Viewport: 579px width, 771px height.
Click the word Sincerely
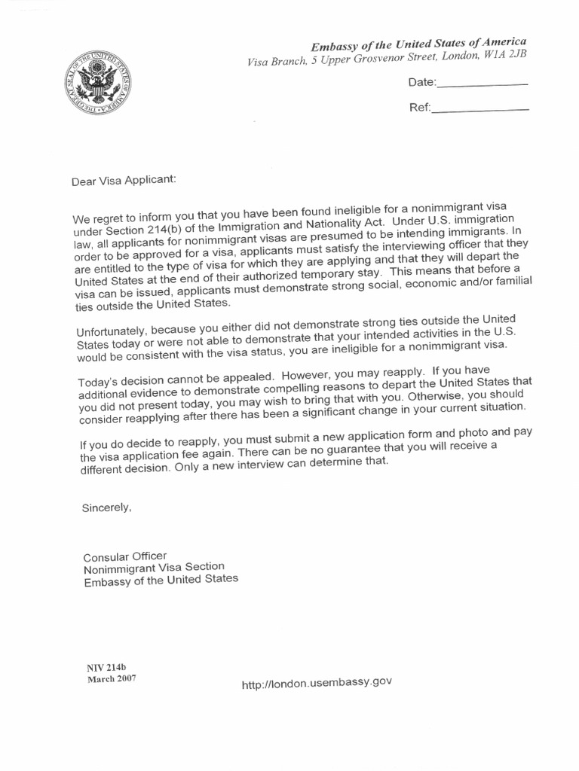point(106,508)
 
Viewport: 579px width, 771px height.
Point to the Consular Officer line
point(124,556)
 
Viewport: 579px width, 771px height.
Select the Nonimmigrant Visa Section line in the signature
point(154,568)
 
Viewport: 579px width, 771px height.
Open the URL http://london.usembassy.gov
point(317,683)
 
